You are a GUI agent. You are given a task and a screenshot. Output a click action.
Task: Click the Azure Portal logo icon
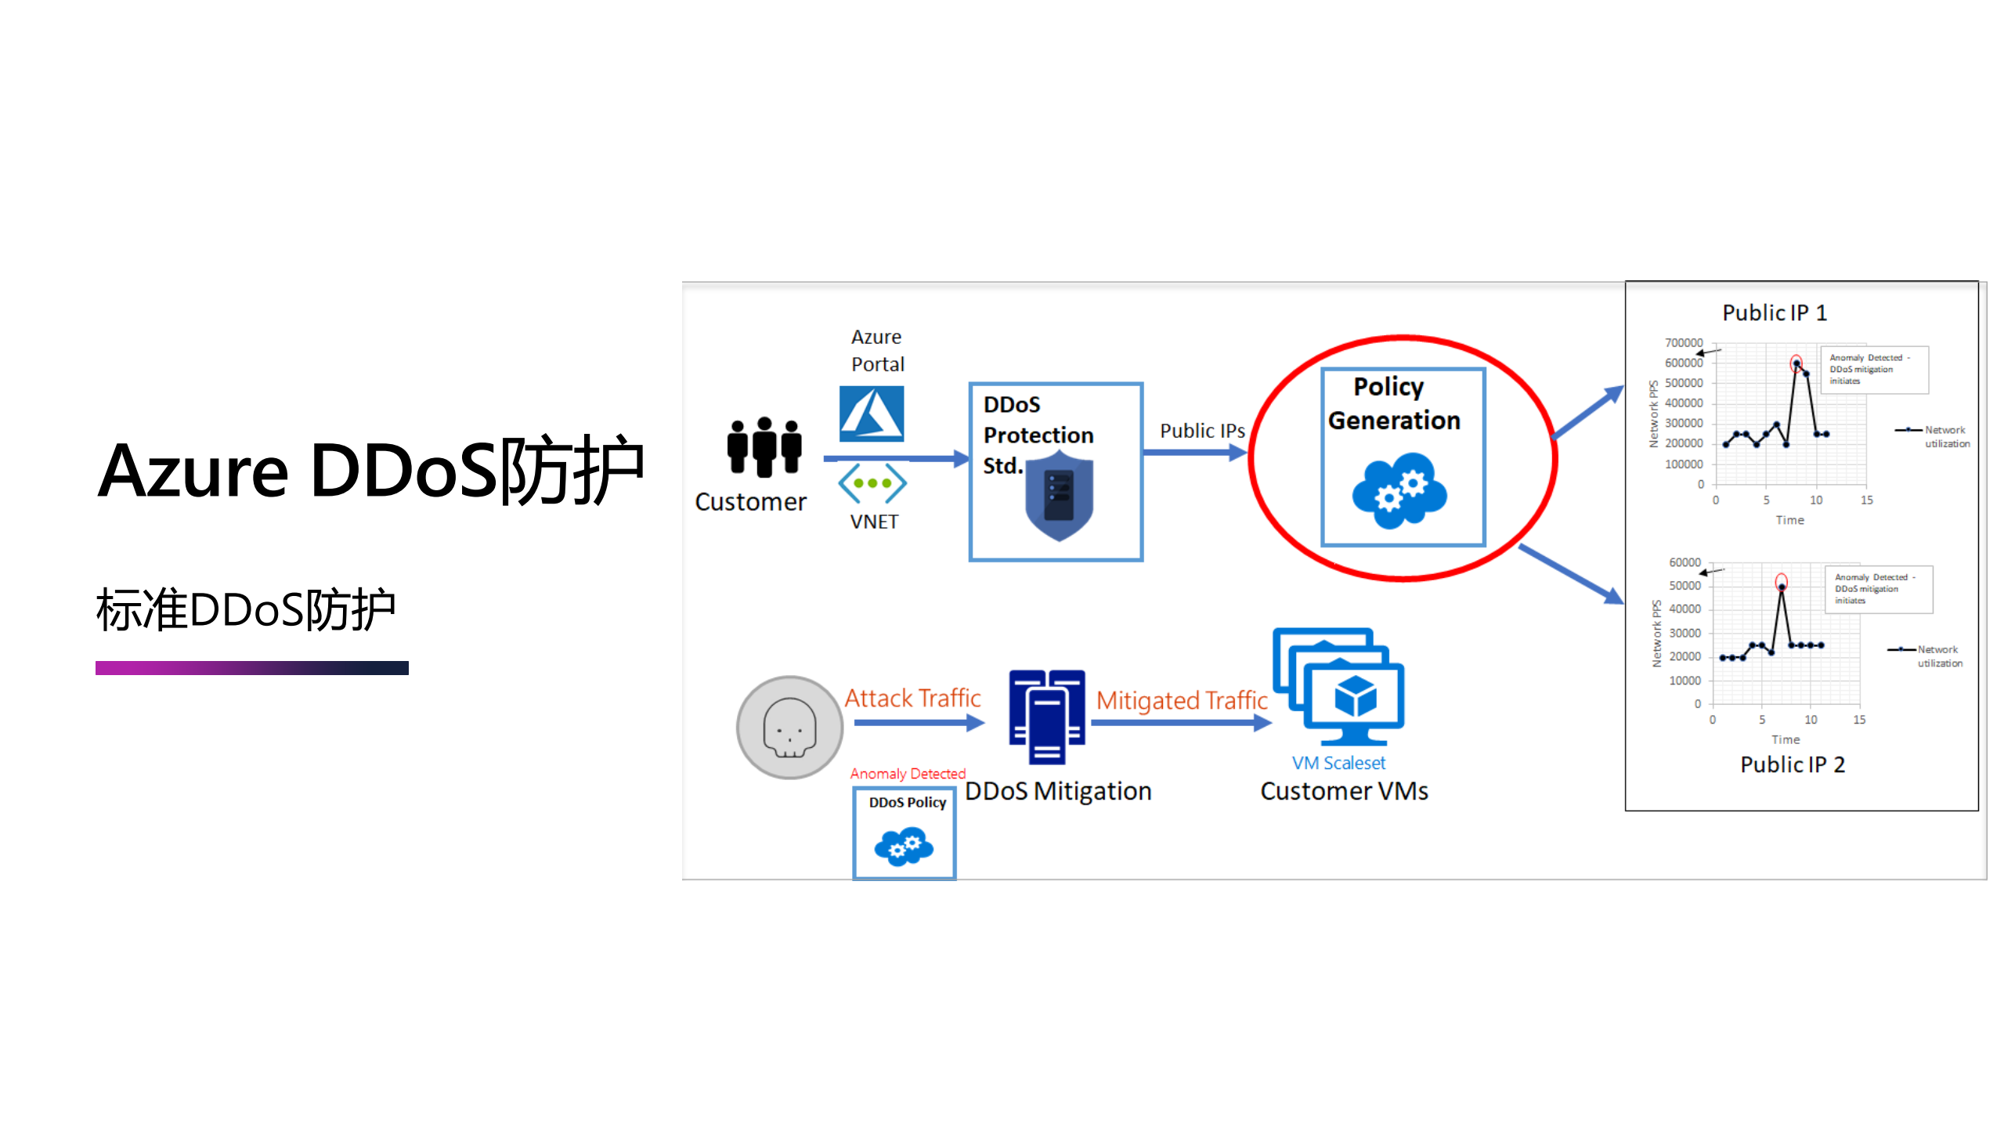click(x=871, y=413)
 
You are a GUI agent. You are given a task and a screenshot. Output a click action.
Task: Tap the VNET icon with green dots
click(x=872, y=483)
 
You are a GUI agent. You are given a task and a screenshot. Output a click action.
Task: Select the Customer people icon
click(x=764, y=446)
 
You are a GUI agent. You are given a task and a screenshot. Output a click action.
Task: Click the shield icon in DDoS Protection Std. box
click(x=1059, y=496)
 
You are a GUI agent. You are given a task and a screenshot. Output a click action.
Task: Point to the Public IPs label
click(x=1202, y=431)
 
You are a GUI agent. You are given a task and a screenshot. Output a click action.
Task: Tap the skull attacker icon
click(x=789, y=728)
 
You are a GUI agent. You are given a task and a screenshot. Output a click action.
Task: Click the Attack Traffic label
click(x=912, y=698)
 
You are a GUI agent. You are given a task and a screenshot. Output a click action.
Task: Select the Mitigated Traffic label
click(x=1181, y=700)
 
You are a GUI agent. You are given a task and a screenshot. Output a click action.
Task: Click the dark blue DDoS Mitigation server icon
click(x=1047, y=717)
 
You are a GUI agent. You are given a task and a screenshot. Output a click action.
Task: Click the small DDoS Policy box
click(x=905, y=833)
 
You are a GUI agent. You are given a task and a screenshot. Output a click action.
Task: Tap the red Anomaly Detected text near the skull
click(x=908, y=774)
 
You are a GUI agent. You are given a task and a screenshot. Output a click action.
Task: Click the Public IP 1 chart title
click(x=1775, y=313)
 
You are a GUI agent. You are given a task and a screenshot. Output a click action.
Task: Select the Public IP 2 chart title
click(x=1793, y=764)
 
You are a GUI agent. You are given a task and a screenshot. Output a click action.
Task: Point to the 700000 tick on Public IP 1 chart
click(x=1684, y=343)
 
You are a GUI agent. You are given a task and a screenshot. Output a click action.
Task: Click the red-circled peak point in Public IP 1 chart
click(x=1796, y=363)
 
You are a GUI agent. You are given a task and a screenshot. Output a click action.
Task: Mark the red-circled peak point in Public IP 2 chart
click(x=1782, y=583)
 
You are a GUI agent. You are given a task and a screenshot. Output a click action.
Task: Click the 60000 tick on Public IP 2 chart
click(x=1684, y=562)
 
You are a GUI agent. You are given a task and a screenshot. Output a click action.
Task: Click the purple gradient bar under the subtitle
click(x=251, y=668)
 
